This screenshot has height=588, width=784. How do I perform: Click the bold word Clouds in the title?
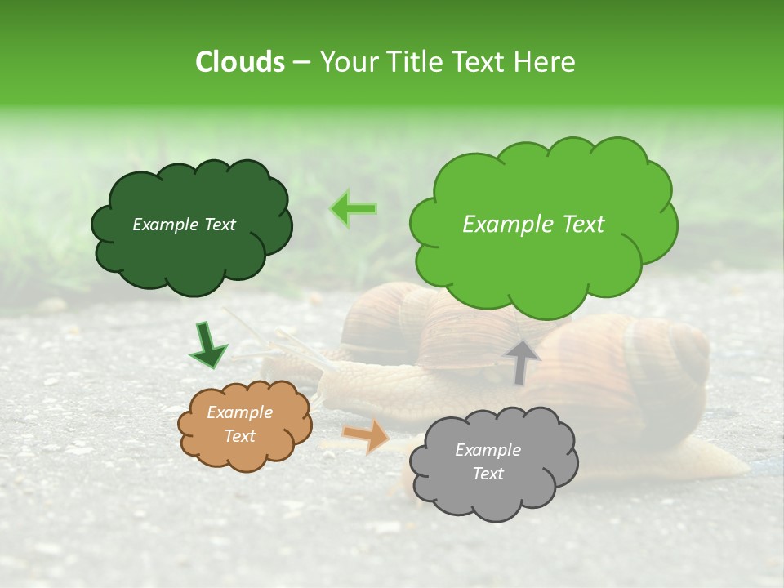click(x=239, y=62)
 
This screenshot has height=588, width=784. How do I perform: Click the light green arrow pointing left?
click(x=353, y=209)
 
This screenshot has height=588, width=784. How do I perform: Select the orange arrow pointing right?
click(x=366, y=435)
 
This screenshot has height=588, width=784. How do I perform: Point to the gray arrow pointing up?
click(x=522, y=362)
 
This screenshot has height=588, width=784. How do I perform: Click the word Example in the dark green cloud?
click(x=166, y=225)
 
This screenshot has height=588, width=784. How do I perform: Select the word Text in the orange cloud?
click(x=240, y=436)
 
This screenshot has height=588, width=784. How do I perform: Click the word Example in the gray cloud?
click(x=488, y=450)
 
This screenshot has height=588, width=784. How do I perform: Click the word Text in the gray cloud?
click(x=488, y=474)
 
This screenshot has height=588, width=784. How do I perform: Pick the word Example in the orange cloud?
click(x=240, y=412)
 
